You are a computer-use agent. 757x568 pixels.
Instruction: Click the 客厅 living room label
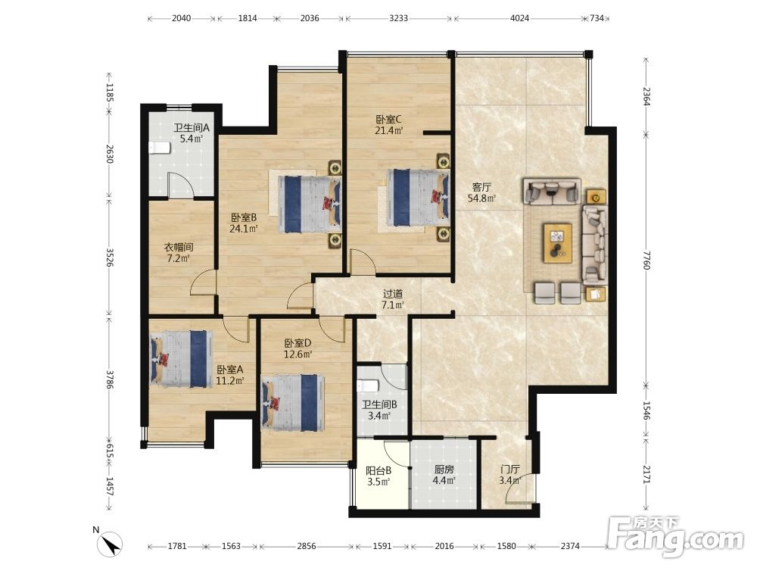click(481, 187)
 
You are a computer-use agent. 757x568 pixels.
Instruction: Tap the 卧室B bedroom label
click(243, 217)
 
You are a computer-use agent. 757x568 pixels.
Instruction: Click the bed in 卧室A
click(181, 359)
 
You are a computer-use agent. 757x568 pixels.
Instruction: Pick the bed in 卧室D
click(292, 403)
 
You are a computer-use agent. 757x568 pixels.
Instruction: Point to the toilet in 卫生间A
click(159, 148)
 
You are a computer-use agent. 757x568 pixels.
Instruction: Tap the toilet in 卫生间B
click(369, 386)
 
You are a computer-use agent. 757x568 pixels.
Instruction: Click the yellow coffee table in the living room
click(558, 243)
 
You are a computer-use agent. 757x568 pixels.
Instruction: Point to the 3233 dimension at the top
click(398, 18)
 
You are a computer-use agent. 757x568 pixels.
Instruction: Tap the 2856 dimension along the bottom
click(307, 546)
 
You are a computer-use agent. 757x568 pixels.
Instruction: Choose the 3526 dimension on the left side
click(110, 257)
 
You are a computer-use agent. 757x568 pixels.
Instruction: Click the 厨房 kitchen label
click(444, 470)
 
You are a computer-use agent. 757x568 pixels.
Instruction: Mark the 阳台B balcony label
click(378, 470)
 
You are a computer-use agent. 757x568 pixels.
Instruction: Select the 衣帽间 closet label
click(179, 248)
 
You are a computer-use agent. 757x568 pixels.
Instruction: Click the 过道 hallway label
click(392, 294)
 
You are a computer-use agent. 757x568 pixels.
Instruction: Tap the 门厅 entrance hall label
click(510, 469)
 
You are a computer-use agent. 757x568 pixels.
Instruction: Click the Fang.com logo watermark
click(675, 535)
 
